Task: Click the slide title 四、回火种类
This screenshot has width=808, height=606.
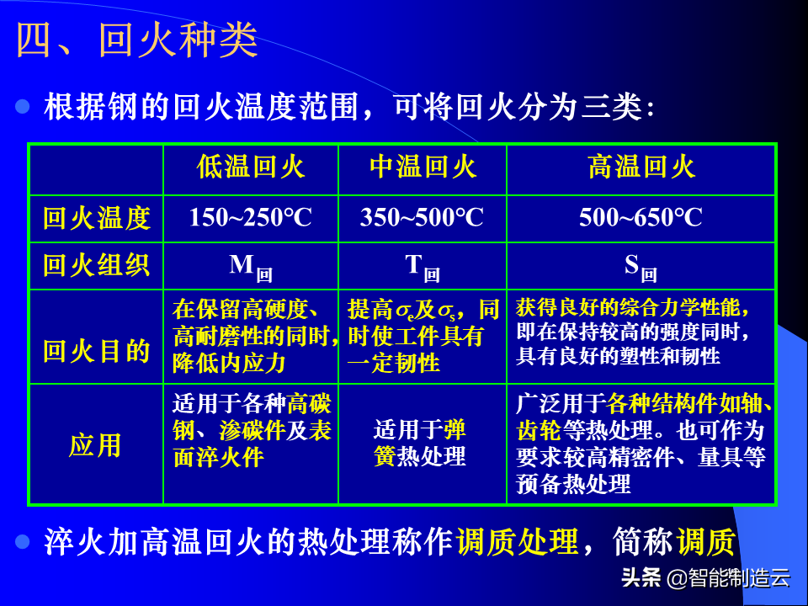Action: [137, 40]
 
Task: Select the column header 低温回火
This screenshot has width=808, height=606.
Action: [251, 167]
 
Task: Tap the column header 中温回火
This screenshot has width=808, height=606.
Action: [423, 167]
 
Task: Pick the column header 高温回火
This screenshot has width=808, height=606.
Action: [641, 167]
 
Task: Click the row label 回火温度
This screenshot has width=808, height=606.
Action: [96, 218]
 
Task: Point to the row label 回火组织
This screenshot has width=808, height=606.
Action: [96, 265]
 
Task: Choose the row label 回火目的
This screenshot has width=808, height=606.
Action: [96, 352]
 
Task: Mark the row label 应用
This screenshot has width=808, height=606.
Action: [95, 445]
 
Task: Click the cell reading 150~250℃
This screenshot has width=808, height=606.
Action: [251, 217]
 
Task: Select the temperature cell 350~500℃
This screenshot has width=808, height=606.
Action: [422, 217]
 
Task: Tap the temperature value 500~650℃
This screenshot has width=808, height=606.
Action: [641, 217]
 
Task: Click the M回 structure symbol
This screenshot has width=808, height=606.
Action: [251, 268]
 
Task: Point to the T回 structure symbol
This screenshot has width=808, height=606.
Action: [423, 268]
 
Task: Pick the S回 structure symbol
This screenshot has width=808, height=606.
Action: [641, 268]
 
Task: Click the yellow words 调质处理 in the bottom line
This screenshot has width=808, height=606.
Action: [518, 542]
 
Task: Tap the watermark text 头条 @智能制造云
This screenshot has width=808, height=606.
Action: [705, 577]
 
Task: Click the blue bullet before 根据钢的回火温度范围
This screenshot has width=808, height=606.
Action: [23, 107]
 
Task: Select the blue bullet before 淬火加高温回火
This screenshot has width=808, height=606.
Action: [23, 541]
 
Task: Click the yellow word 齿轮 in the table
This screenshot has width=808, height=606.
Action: [539, 431]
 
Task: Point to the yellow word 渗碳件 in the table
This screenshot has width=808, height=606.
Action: [252, 431]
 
